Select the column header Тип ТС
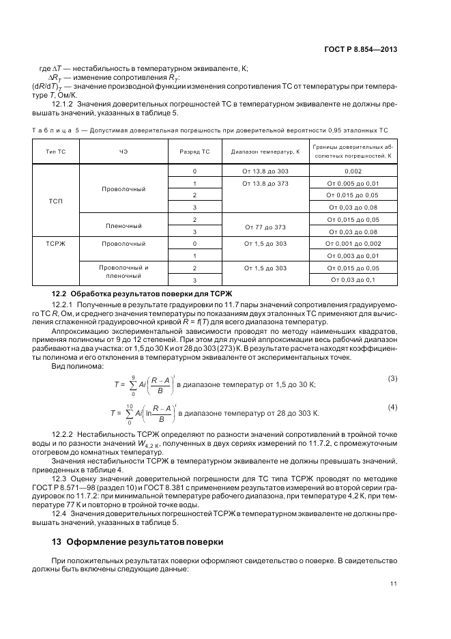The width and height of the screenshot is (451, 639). click(56, 152)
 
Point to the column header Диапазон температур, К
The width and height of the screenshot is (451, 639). click(265, 152)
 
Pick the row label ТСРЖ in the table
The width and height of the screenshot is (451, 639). click(56, 243)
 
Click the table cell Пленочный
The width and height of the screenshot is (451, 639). click(123, 225)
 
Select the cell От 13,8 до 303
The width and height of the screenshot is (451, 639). click(265, 171)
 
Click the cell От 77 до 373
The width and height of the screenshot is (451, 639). click(265, 226)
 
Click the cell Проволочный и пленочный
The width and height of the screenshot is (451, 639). click(123, 273)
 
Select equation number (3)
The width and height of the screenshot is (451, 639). click(392, 378)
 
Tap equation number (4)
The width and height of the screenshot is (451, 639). click(392, 407)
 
